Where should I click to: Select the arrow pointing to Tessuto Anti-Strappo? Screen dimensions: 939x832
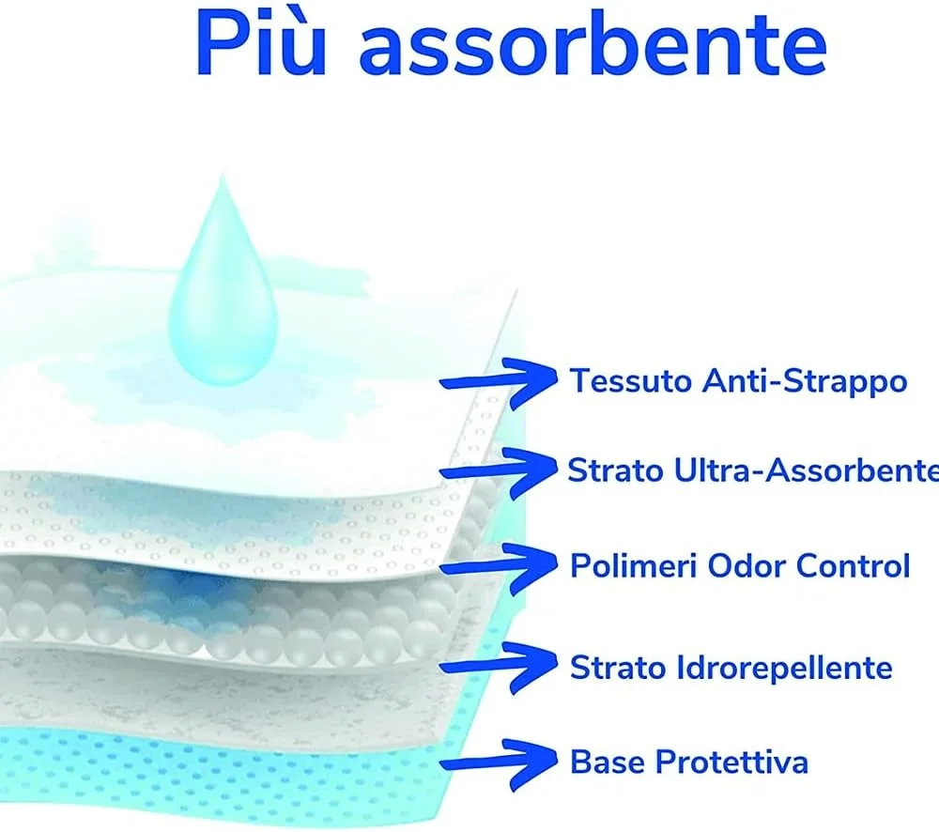pyautogui.click(x=499, y=383)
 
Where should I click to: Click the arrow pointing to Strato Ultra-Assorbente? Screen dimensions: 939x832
pyautogui.click(x=499, y=472)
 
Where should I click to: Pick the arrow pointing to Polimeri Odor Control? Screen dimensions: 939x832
pyautogui.click(x=499, y=567)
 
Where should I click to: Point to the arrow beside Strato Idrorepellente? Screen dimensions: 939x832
pyautogui.click(x=499, y=666)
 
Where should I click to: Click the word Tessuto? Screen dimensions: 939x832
pyautogui.click(x=631, y=381)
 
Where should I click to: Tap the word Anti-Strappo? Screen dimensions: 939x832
pyautogui.click(x=805, y=381)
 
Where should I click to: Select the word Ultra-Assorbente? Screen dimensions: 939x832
pyautogui.click(x=807, y=470)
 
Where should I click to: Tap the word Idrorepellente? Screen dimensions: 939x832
pyautogui.click(x=785, y=668)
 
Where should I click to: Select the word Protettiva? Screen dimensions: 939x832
pyautogui.click(x=731, y=762)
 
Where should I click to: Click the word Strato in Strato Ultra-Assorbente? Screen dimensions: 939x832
pyautogui.click(x=616, y=470)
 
